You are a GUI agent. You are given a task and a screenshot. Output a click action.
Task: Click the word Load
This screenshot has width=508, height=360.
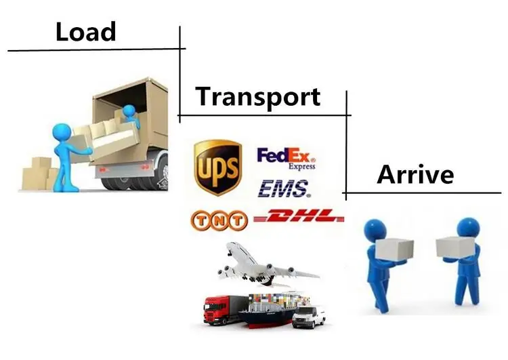click(x=85, y=31)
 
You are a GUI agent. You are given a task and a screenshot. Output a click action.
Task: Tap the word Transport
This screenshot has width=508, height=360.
click(x=257, y=96)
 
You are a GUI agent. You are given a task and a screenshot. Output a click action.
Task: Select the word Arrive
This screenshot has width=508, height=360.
click(x=415, y=174)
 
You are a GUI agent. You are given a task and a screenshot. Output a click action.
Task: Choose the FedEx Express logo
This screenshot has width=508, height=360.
click(x=287, y=159)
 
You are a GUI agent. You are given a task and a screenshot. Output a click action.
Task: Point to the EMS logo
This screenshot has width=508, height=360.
click(x=284, y=188)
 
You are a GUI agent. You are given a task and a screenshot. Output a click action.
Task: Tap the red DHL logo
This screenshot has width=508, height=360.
click(x=298, y=218)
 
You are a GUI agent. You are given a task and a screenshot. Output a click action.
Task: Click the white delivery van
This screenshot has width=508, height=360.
click(x=309, y=315)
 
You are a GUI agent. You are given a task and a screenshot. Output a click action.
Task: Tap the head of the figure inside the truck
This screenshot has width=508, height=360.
click(x=129, y=110)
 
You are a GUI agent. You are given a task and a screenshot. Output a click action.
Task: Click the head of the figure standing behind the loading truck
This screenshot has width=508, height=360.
click(x=62, y=130)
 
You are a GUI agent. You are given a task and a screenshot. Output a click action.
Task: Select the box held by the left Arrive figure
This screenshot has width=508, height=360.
click(x=396, y=252)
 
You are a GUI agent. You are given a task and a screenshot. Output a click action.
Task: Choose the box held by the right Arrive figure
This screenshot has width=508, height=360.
click(x=452, y=247)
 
